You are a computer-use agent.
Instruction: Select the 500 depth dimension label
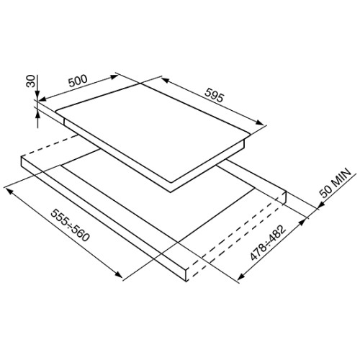[x=78, y=81]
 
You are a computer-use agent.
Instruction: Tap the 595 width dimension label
[x=214, y=95]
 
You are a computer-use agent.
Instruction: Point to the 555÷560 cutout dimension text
[x=71, y=225]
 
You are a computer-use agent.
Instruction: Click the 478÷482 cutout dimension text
[x=268, y=243]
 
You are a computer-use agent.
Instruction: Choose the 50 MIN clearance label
[x=335, y=183]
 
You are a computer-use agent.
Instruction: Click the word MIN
[x=340, y=178]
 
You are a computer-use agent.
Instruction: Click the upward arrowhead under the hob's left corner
[x=37, y=117]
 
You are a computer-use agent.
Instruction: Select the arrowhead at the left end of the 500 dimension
[x=42, y=99]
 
